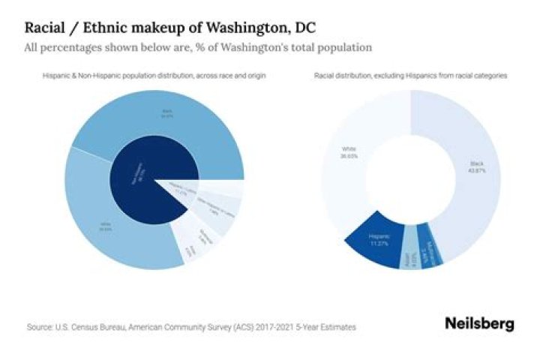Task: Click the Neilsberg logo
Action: [x=479, y=324]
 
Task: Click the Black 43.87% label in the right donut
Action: [x=477, y=166]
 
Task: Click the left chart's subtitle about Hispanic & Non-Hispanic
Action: [x=154, y=76]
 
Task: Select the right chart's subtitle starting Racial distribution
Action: [x=411, y=76]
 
